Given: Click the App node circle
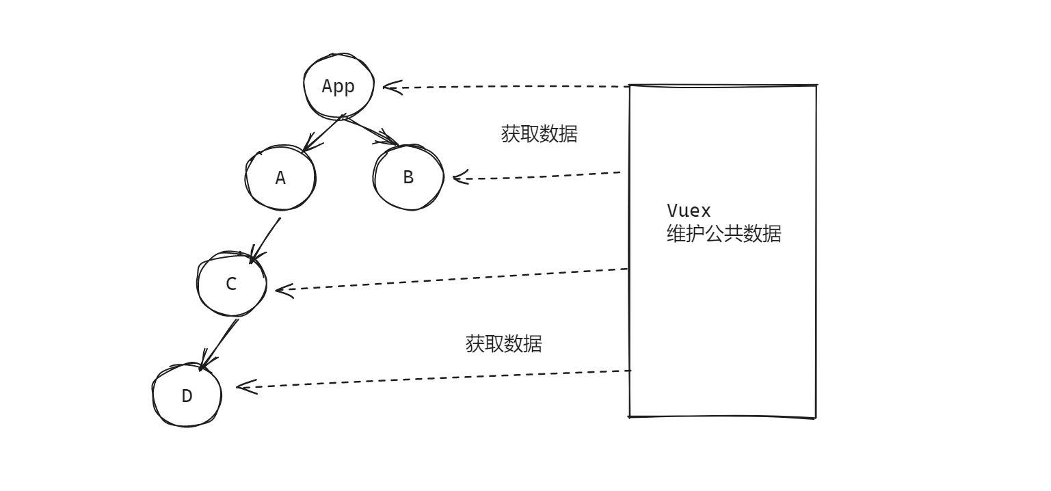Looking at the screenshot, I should pos(338,87).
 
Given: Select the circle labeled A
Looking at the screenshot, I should pos(280,178).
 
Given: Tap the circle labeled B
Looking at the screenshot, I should pos(408,178).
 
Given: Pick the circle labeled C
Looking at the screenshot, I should pos(231,284).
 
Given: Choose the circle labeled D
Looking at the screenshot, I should pos(187,396).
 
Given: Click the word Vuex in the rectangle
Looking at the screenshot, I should pos(689,211).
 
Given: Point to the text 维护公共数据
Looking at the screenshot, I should pos(723,234).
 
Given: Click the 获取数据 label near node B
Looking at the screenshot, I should pos(539,134).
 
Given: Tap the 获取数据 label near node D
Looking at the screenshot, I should pos(503,343).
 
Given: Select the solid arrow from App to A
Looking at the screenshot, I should pos(323,133).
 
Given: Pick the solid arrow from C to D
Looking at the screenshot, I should pos(219,344).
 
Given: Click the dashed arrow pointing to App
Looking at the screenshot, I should pos(506,87).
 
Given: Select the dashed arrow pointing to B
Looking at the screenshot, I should pos(540,176).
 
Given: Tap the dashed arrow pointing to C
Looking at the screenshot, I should pos(451,279).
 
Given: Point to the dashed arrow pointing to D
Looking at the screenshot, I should pos(434,379).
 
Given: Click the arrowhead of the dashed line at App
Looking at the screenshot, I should pos(390,87).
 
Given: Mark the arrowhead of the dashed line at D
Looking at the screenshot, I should pos(243,387).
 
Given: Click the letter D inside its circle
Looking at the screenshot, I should pos(187,396).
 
